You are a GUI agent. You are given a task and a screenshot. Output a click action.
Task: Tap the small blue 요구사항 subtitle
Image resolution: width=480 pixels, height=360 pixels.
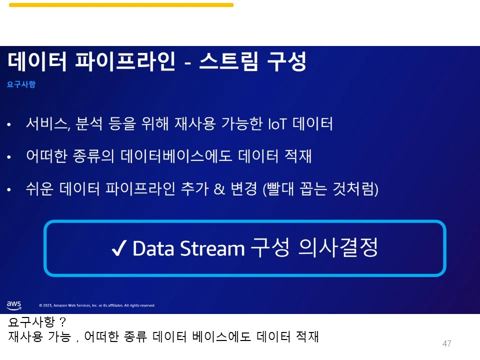click(21, 85)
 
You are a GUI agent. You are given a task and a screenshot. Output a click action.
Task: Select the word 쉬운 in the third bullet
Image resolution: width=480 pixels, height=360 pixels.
click(39, 189)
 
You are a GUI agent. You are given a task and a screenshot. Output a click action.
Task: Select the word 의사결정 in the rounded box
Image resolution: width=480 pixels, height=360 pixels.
click(337, 247)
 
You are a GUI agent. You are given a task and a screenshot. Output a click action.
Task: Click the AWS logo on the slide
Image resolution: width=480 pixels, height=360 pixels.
click(14, 304)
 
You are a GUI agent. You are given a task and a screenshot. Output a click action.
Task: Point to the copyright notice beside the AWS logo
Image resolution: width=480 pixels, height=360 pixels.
click(97, 305)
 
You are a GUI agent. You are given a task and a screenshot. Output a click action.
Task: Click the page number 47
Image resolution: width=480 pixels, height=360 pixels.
click(447, 343)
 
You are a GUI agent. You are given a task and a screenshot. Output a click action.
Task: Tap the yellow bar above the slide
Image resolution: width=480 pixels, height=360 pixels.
click(121, 5)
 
